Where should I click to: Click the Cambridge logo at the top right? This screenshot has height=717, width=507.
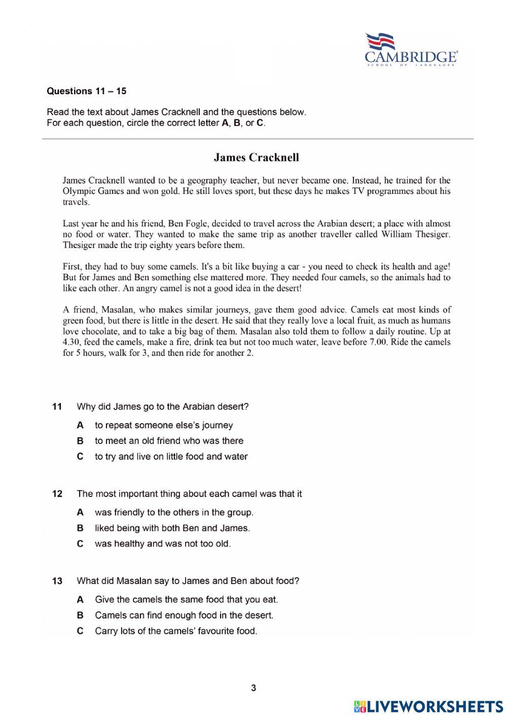pos(411,50)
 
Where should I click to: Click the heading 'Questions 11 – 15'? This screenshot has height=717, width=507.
pos(86,91)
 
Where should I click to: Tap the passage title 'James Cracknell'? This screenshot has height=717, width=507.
pos(256,157)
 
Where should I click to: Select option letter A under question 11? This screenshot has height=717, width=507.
pos(80,425)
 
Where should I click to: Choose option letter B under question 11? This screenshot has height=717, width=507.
pos(80,441)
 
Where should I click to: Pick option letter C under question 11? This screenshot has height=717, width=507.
pos(80,457)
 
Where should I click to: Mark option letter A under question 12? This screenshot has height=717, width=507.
pos(80,513)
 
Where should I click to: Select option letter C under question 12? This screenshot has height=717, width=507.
pos(80,544)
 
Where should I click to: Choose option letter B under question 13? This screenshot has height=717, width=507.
pos(80,616)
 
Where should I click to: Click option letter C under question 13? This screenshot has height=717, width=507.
pos(80,631)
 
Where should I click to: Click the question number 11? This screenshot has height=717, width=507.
pos(57,406)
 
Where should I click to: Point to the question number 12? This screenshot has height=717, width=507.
pos(57,494)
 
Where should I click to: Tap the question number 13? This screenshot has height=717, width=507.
pos(57,581)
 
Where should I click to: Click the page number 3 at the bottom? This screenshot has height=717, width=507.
pos(253,689)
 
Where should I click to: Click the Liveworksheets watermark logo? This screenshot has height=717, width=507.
pos(428,706)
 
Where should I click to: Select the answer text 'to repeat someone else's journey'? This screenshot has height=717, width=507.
pos(164,425)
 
